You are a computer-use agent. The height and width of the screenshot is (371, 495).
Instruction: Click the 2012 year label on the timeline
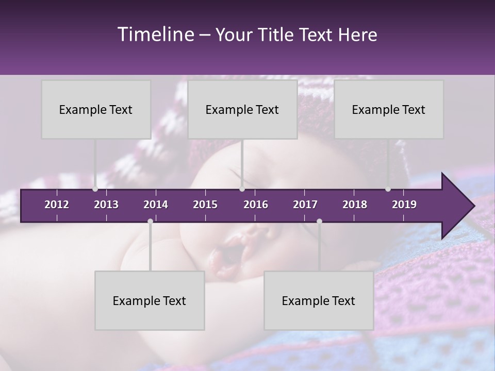[57, 205]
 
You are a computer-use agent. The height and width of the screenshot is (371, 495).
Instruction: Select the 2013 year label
[106, 205]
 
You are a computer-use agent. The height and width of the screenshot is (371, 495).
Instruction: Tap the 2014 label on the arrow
[156, 205]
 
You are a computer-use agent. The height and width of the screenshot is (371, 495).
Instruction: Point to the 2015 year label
[205, 205]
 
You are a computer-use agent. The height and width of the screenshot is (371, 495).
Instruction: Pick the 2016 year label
[256, 205]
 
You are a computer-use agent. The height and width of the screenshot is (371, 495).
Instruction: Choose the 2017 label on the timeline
[305, 205]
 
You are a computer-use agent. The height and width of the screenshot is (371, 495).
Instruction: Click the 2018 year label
[355, 205]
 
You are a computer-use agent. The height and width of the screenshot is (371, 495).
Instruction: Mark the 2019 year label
[404, 205]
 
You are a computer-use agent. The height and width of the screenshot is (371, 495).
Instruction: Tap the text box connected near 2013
[96, 109]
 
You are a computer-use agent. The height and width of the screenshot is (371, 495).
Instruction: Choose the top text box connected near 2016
[242, 109]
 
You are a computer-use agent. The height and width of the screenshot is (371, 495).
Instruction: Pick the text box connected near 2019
[389, 109]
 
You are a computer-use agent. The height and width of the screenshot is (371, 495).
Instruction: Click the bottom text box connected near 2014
[150, 300]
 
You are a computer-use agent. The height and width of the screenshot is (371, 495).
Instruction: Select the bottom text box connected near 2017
[319, 300]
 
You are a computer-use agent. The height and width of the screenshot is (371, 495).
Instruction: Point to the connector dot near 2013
[95, 189]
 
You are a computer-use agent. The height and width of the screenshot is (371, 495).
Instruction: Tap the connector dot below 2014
[150, 221]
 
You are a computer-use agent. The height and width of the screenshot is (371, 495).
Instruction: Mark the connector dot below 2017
[319, 221]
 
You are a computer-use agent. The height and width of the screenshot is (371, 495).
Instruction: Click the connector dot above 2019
[388, 189]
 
